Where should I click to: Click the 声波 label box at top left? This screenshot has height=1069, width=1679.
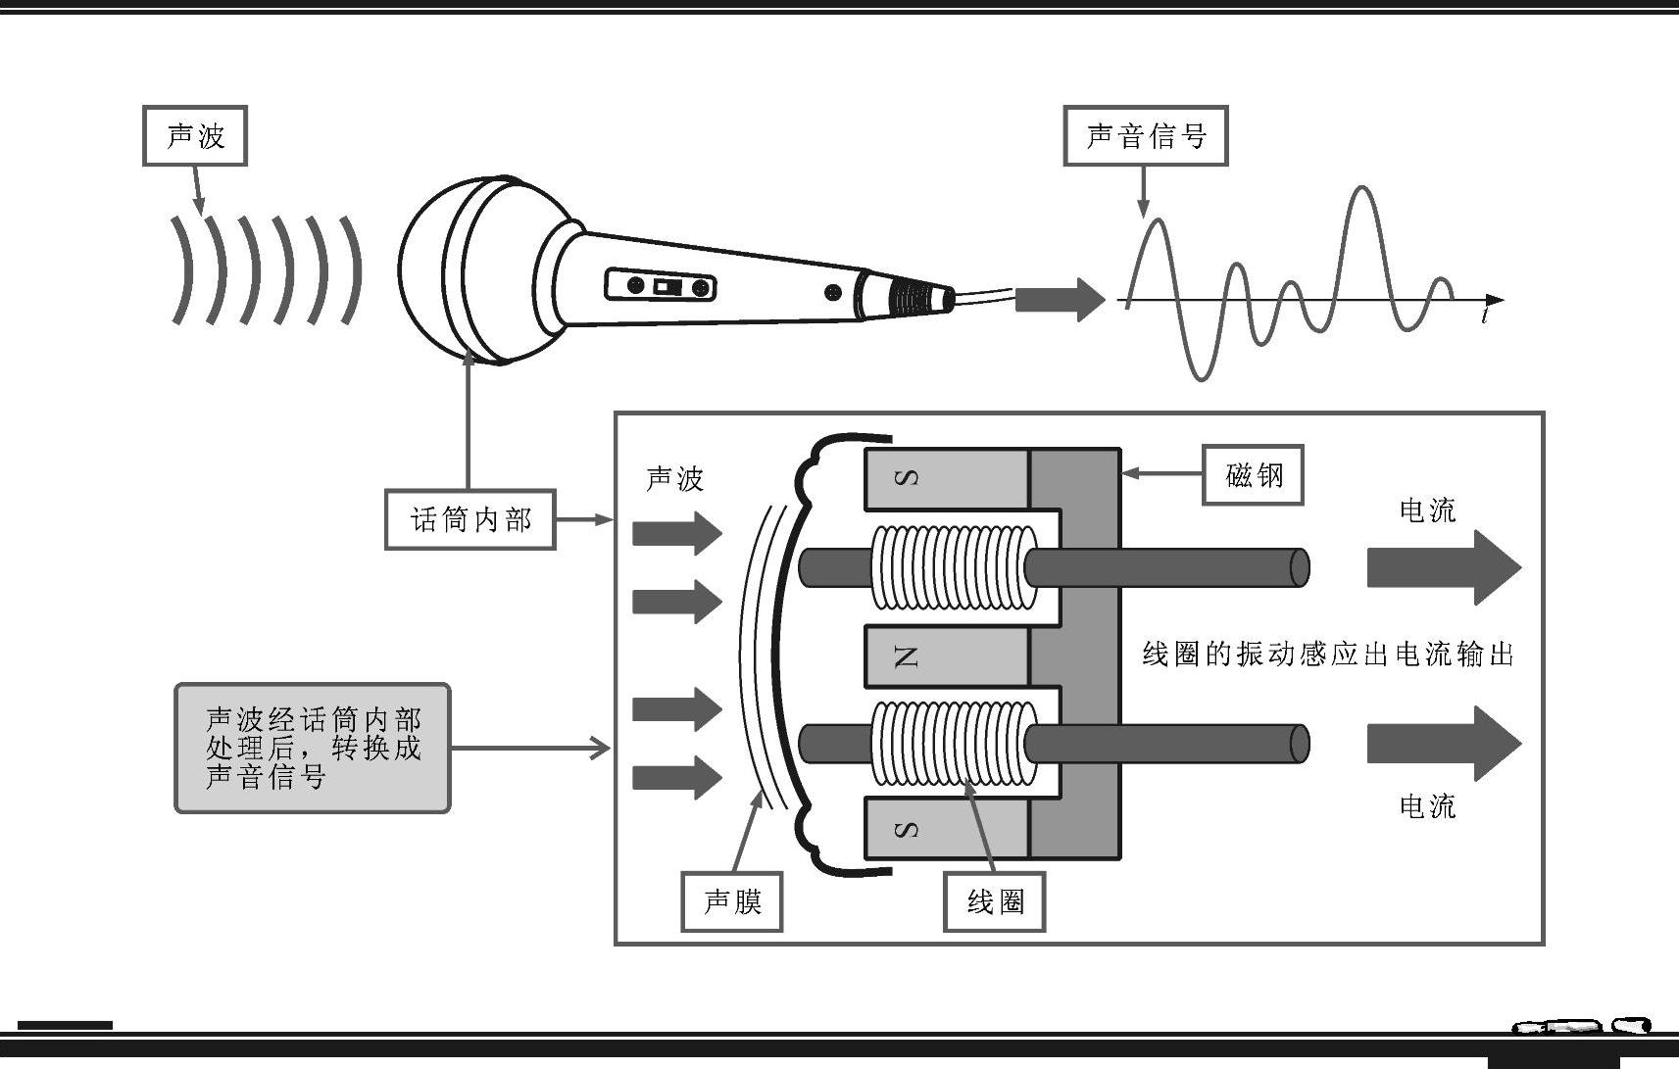point(194,136)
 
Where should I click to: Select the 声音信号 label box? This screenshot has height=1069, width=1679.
point(1145,136)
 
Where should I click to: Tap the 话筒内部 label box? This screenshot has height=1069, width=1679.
point(469,519)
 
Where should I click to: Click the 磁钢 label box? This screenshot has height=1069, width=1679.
point(1253,475)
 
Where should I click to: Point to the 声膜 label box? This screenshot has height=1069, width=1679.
point(731,900)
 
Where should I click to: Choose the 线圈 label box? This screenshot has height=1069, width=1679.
point(994,900)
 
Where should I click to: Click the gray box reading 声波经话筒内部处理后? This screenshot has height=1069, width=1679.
point(312,749)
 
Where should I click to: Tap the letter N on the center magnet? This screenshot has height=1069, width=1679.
point(906,656)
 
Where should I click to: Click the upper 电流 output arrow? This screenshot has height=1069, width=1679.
point(1443,568)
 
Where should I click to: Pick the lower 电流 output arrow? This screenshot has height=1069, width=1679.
point(1443,744)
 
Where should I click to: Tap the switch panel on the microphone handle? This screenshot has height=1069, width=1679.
point(661,286)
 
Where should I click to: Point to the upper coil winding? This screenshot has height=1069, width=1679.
point(953,567)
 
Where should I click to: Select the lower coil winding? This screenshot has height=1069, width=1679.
point(953,745)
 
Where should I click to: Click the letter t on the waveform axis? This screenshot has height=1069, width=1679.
point(1487,316)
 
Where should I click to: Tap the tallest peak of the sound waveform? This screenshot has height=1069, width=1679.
point(1360,188)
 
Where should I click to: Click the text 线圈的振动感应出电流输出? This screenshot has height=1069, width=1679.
point(1328,655)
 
